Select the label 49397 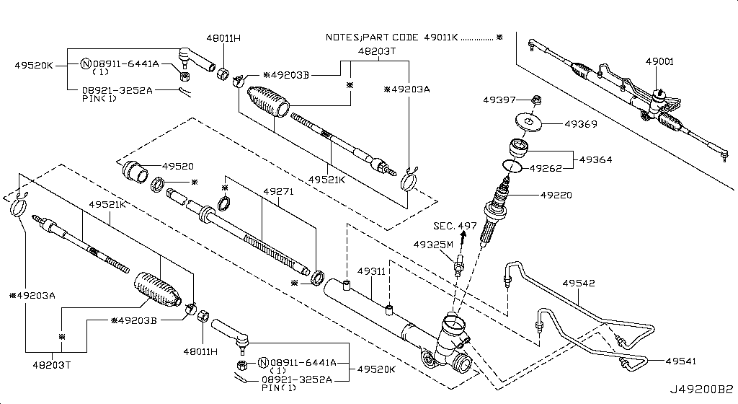tap(497, 99)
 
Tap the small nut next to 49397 tap(537, 99)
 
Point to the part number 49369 tap(580, 124)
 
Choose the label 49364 tap(595, 159)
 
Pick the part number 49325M tap(433, 245)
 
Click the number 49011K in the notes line tap(437, 36)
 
